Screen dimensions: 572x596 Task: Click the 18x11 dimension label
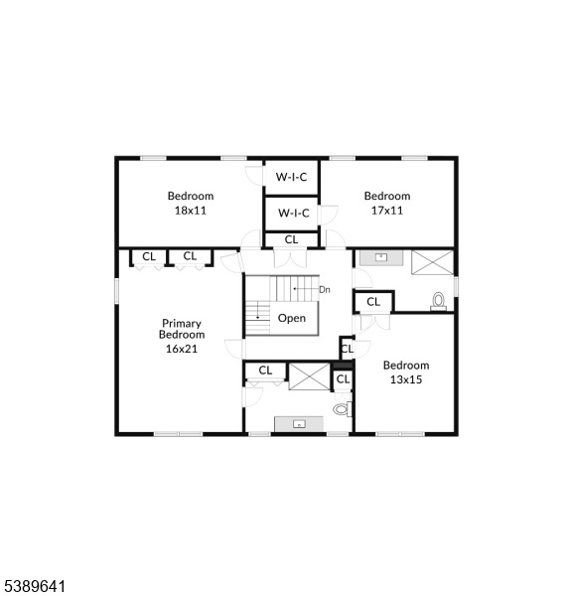point(190,211)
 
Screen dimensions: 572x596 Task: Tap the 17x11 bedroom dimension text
point(387,211)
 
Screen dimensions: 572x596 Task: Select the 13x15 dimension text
point(406,379)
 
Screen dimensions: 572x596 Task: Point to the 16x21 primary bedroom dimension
point(182,349)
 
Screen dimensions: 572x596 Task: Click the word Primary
point(182,324)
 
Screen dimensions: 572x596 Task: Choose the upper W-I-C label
point(291,177)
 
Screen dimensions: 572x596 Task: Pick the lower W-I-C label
point(293,213)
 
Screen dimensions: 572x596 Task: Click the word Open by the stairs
point(292,318)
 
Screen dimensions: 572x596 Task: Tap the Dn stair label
point(324,290)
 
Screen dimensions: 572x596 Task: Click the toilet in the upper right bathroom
point(438,301)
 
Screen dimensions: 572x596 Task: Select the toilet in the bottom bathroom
point(342,409)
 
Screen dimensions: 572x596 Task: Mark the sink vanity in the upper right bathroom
point(381,257)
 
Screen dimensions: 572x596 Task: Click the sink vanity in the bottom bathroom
point(299,424)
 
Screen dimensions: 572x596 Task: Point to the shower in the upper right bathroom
point(433,262)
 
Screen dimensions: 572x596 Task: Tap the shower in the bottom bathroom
point(310,376)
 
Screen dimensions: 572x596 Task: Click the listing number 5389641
point(33,586)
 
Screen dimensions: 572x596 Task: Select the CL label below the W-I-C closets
point(291,239)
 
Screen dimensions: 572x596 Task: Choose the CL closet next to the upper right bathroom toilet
point(373,302)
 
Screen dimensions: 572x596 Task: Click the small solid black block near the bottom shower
point(344,366)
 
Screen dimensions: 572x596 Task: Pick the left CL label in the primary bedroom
point(149,256)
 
